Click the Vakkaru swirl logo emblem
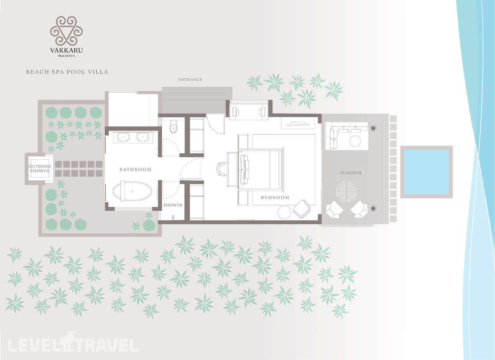(x=66, y=31)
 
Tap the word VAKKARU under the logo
(x=66, y=50)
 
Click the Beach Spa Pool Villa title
(x=67, y=72)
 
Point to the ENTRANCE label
(x=190, y=80)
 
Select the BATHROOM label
(x=135, y=169)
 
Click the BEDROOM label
(x=275, y=198)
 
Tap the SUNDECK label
(x=351, y=173)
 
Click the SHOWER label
(x=173, y=205)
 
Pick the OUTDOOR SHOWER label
(x=40, y=168)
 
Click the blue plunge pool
(x=427, y=172)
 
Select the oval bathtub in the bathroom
(x=132, y=191)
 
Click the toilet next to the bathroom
(x=174, y=126)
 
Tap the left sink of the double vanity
(x=123, y=137)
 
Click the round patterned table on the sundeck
(x=347, y=192)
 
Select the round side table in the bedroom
(x=284, y=212)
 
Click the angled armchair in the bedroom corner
(x=301, y=208)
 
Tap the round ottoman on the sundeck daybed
(x=355, y=141)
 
